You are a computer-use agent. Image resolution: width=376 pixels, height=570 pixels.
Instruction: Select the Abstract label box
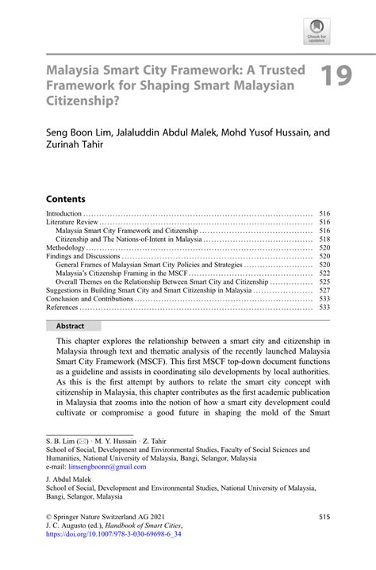click(x=71, y=325)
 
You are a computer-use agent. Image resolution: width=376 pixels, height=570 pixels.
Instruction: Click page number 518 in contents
click(x=324, y=239)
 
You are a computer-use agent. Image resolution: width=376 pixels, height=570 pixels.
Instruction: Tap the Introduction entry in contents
click(x=64, y=213)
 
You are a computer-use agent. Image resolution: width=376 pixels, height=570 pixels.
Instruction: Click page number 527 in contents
click(x=324, y=290)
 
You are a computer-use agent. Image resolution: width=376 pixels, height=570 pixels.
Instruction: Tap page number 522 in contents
click(x=324, y=273)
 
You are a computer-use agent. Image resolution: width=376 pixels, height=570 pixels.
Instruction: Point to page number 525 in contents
click(x=324, y=281)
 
